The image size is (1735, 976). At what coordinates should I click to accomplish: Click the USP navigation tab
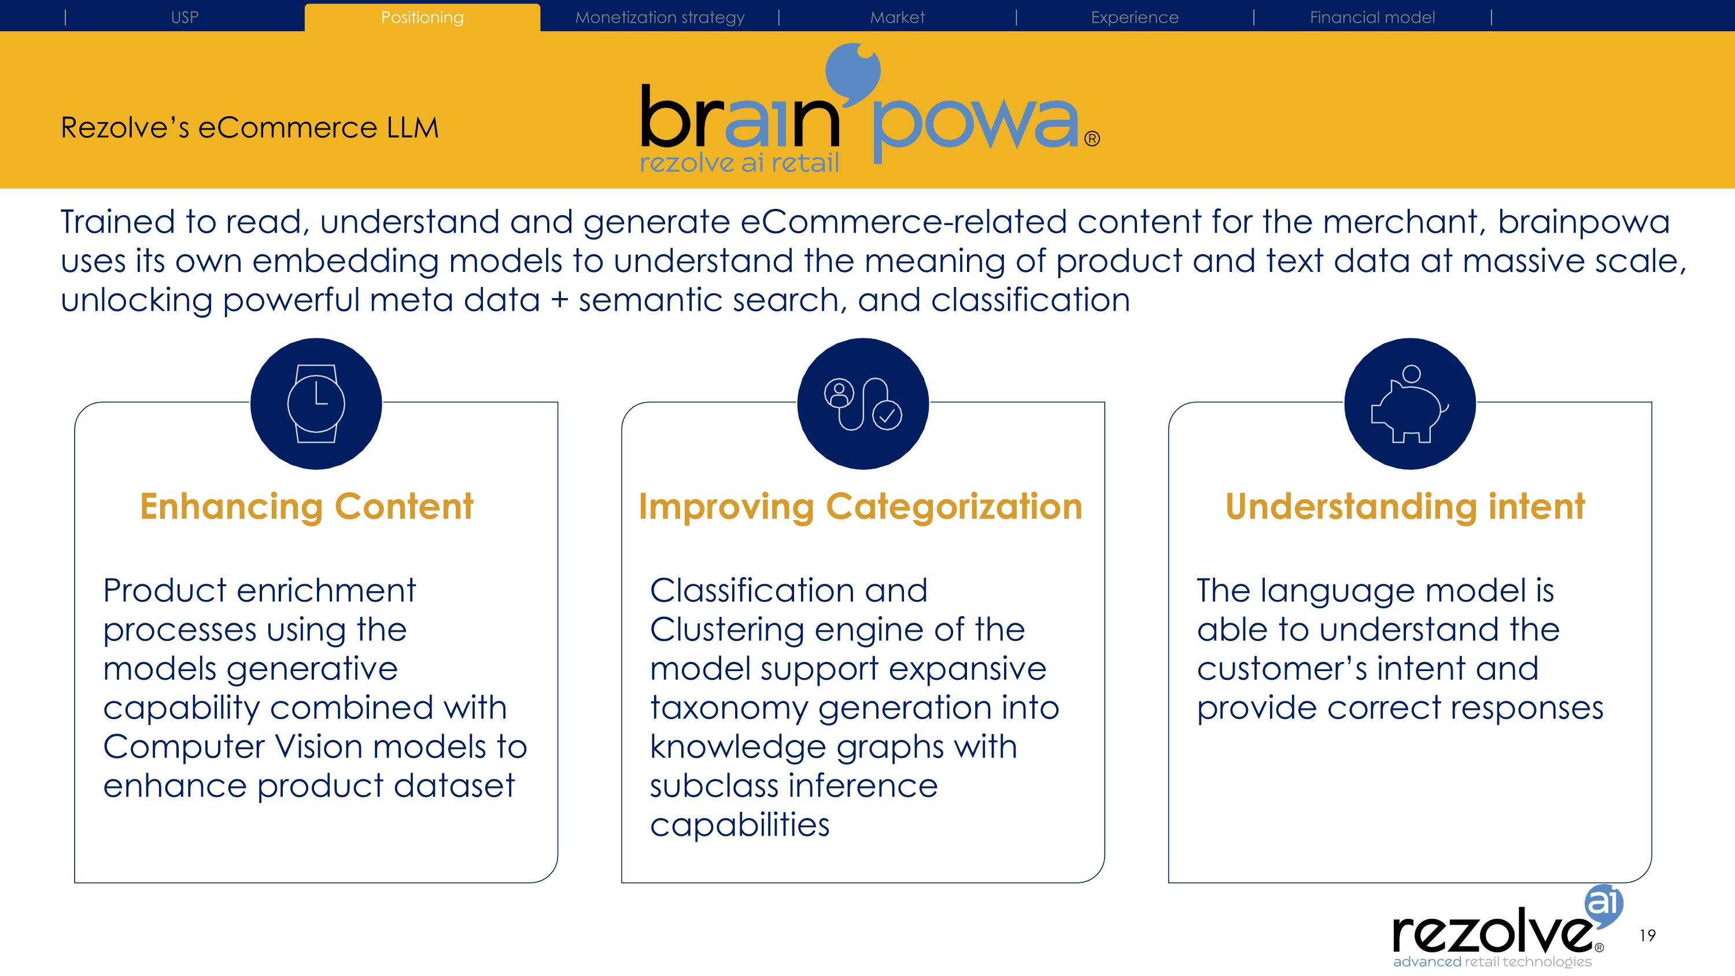click(184, 17)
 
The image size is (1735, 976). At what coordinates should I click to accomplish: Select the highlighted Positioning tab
click(422, 17)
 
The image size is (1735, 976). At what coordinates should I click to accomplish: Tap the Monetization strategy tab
click(659, 17)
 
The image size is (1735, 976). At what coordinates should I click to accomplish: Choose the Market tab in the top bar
click(897, 17)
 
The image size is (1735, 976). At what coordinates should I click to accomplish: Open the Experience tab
click(1134, 17)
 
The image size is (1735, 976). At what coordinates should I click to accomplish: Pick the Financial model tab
click(1372, 17)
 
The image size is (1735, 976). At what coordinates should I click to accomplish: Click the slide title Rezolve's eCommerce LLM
click(249, 127)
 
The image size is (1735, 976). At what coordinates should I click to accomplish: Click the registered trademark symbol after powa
click(1092, 139)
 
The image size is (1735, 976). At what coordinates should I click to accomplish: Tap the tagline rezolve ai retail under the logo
click(739, 163)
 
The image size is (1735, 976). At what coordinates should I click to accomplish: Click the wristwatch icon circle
click(316, 403)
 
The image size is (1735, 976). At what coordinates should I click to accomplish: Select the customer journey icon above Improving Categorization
click(863, 403)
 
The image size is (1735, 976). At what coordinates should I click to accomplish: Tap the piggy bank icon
click(1410, 403)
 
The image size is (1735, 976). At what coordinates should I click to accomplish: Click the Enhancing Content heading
click(307, 507)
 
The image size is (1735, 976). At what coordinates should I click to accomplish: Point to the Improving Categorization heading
click(860, 507)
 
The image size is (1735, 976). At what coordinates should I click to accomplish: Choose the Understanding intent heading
click(1405, 507)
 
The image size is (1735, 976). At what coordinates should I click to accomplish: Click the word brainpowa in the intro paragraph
click(1583, 222)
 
